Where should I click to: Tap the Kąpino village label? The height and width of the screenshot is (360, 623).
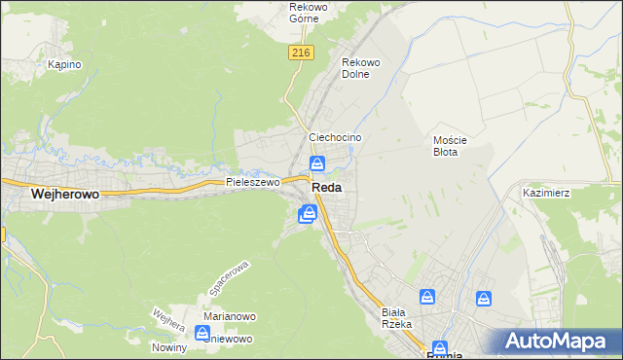pyautogui.click(x=64, y=64)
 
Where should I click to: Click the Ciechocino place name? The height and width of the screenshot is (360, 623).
pyautogui.click(x=335, y=138)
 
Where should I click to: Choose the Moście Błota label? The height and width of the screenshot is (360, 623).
pyautogui.click(x=451, y=146)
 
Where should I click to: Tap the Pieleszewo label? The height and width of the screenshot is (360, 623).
pyautogui.click(x=252, y=182)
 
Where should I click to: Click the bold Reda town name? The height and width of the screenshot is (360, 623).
pyautogui.click(x=325, y=188)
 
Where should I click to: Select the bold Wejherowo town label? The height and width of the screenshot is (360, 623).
pyautogui.click(x=65, y=195)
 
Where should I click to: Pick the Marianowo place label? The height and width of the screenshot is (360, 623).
pyautogui.click(x=229, y=316)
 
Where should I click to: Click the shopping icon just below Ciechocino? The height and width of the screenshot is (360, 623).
pyautogui.click(x=317, y=162)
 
